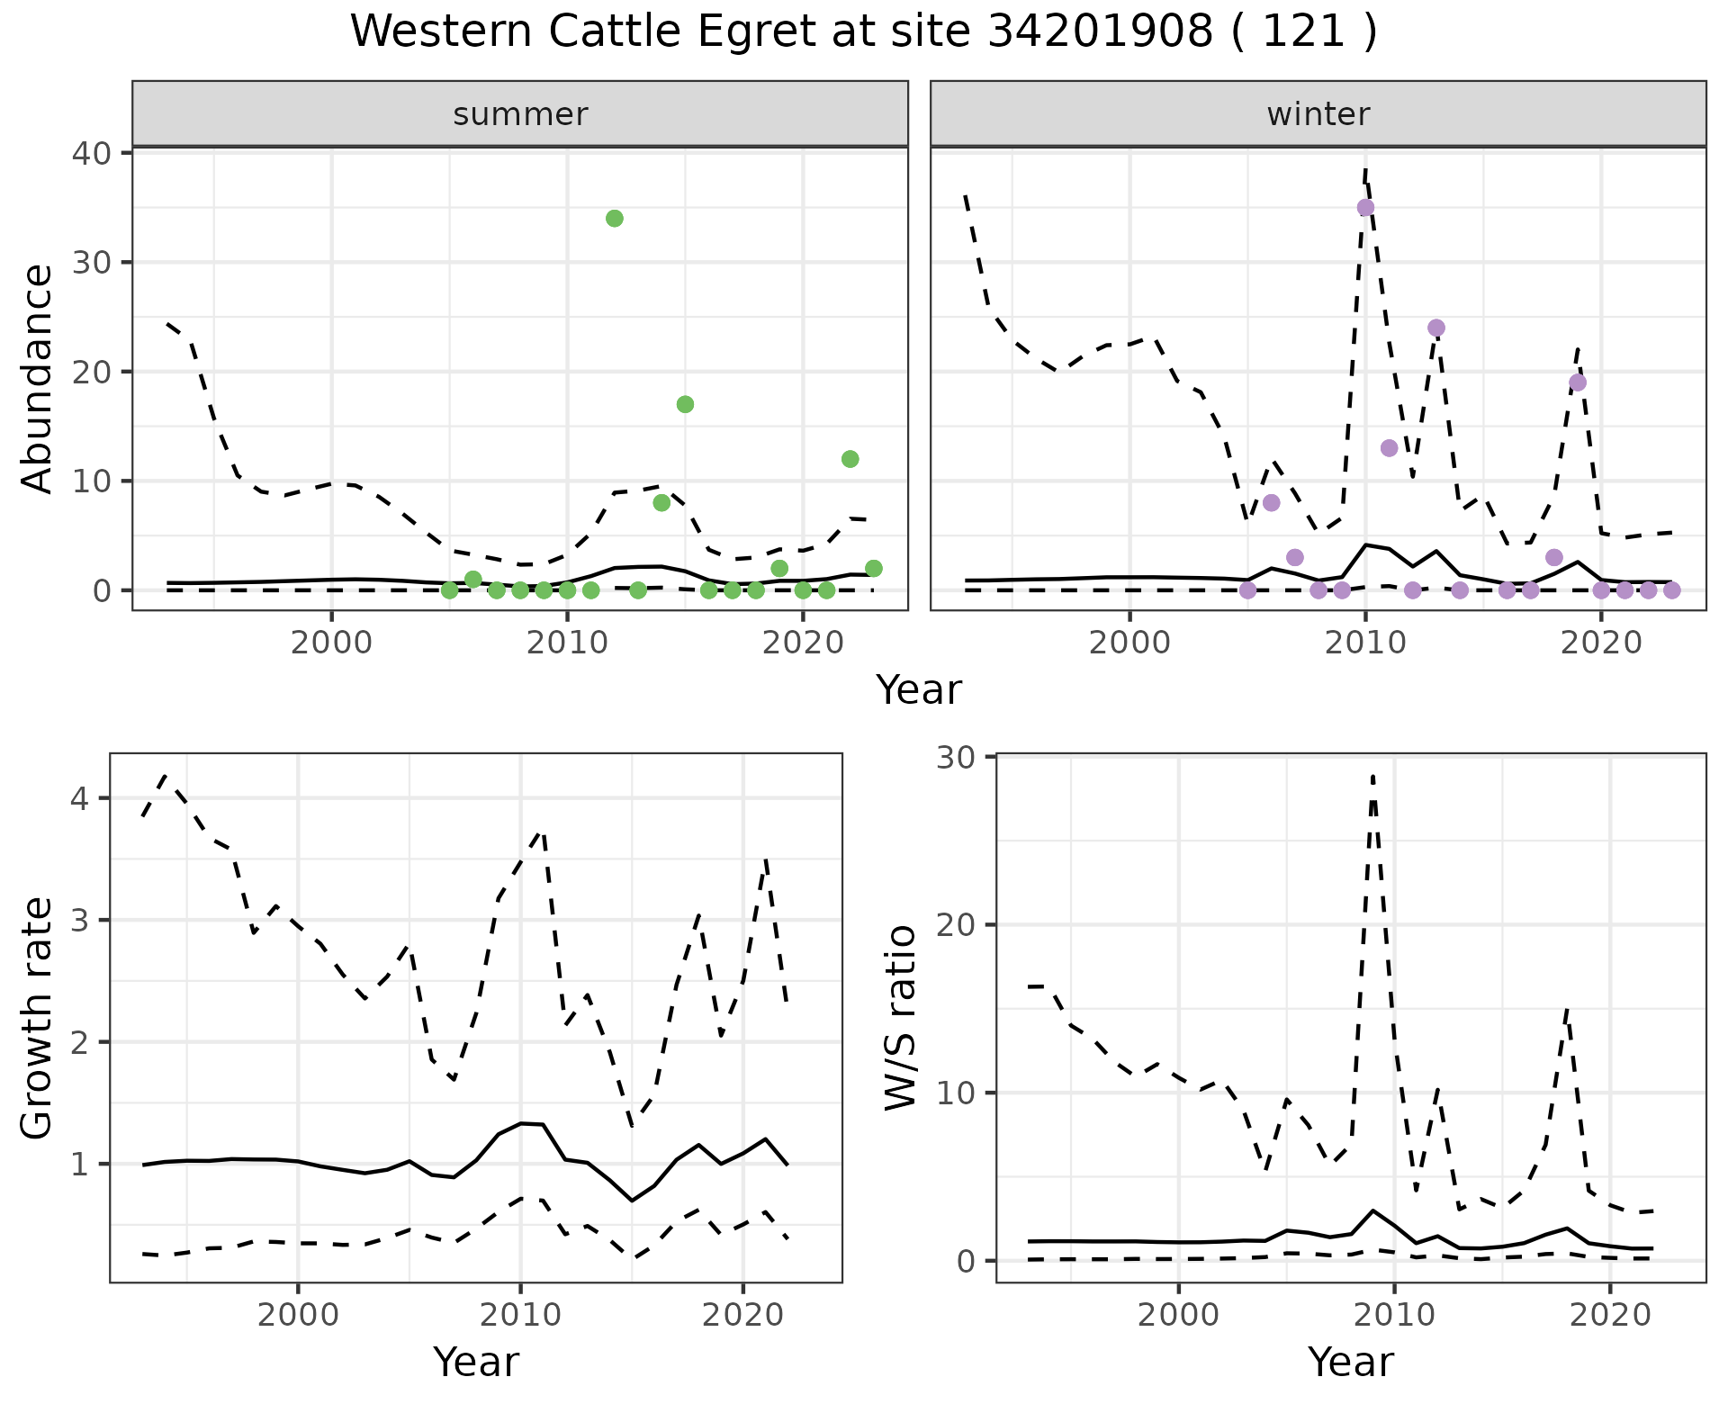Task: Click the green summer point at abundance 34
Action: (x=615, y=219)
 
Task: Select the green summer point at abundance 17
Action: (x=685, y=404)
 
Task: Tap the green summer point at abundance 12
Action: (x=850, y=459)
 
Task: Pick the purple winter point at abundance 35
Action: (x=1365, y=208)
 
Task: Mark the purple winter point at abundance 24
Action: (x=1436, y=328)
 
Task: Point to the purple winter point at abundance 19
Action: (x=1578, y=382)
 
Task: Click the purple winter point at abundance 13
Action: (x=1389, y=448)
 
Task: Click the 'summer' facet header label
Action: (x=520, y=114)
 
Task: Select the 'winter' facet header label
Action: (x=1318, y=114)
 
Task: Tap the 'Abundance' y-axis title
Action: (x=38, y=378)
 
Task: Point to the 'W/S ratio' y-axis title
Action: (x=901, y=1018)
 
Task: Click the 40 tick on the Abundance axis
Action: (x=90, y=153)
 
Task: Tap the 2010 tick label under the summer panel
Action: (x=567, y=643)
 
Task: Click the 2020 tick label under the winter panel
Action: (x=1601, y=643)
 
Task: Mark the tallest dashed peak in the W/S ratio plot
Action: (x=1372, y=776)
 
